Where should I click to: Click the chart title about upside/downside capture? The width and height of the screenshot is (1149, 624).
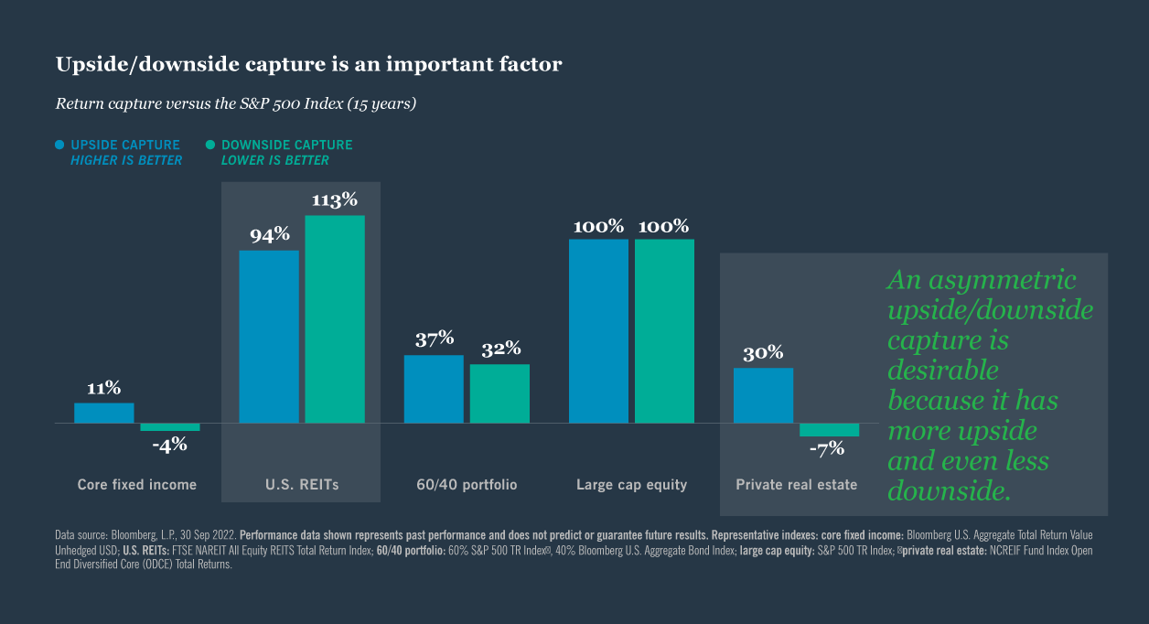click(308, 64)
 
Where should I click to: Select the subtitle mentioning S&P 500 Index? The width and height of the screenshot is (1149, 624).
click(236, 103)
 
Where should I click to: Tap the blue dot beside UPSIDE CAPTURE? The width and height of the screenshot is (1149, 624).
click(60, 145)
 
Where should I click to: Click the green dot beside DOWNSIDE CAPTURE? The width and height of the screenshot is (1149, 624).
click(210, 145)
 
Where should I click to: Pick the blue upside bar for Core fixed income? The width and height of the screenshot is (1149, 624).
click(104, 413)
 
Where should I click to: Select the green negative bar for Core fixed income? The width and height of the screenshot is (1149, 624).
click(170, 427)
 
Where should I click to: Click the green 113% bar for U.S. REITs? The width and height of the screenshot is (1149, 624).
click(335, 319)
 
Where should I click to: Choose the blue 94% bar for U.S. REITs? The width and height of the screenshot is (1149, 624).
click(269, 337)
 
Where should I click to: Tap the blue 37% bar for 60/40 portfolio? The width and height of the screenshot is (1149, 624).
click(434, 389)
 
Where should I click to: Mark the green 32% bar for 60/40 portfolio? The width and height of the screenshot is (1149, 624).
click(499, 393)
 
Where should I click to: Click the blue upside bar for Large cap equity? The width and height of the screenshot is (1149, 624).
click(598, 331)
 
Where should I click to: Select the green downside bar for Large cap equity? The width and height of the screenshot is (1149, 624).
click(664, 331)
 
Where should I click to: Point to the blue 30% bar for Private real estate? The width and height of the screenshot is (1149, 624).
click(763, 395)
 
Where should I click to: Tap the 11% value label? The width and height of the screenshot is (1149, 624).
click(103, 388)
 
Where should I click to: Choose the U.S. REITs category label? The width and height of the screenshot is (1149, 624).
click(301, 485)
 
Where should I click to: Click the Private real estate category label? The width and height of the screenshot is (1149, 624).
click(797, 485)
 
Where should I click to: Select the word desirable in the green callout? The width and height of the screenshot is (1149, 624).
click(942, 371)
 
